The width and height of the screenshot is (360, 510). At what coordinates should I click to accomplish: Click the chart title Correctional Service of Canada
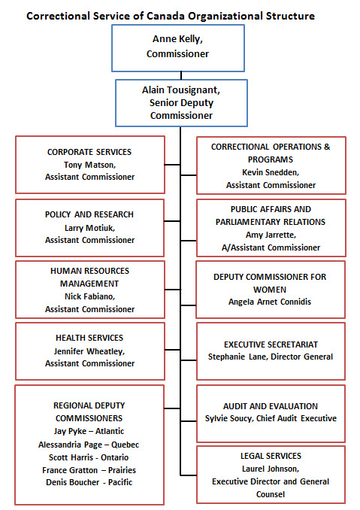click(171, 15)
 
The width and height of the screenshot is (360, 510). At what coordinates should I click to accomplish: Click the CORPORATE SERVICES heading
click(89, 152)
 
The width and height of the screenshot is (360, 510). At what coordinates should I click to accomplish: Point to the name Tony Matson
click(89, 165)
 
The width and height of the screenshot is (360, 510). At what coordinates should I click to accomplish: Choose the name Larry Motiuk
click(89, 227)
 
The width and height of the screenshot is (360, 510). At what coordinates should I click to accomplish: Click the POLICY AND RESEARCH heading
click(89, 214)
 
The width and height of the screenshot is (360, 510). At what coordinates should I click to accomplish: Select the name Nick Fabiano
click(89, 296)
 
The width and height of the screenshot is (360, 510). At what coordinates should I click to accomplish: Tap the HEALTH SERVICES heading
click(89, 338)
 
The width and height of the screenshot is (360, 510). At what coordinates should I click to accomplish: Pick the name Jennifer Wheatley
click(89, 351)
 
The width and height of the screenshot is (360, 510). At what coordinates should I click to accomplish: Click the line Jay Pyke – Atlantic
click(89, 431)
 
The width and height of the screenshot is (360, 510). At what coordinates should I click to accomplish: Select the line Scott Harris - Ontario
click(89, 457)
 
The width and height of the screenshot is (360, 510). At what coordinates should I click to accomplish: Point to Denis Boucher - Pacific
click(89, 482)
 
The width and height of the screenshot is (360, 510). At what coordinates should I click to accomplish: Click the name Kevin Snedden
click(270, 172)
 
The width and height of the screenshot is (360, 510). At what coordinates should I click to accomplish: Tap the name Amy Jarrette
click(270, 235)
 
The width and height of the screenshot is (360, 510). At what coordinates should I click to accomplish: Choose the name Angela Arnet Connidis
click(270, 302)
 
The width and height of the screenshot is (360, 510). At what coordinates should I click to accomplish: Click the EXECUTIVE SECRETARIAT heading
click(270, 344)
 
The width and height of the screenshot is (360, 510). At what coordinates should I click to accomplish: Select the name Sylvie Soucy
click(235, 418)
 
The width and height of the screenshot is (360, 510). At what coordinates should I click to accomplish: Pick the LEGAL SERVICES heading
click(270, 456)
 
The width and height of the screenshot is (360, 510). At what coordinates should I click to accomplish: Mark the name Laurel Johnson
click(270, 469)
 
